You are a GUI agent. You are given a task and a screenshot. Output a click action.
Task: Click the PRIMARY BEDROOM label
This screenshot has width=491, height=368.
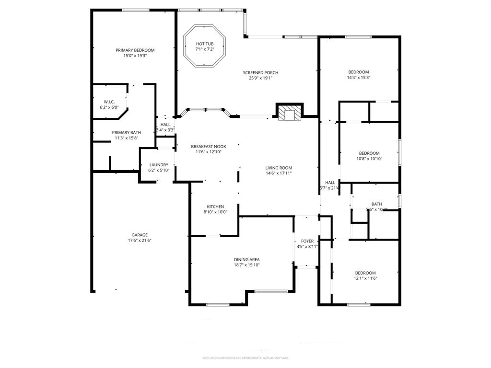(135, 50)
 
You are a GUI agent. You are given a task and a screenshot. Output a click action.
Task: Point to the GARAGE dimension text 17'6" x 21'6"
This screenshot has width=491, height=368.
(140, 241)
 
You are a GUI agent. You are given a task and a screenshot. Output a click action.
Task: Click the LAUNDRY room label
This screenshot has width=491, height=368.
(159, 165)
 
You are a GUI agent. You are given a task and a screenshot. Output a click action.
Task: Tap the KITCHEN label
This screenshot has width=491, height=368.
(215, 207)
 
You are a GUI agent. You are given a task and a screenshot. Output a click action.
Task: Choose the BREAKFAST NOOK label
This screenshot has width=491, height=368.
(208, 146)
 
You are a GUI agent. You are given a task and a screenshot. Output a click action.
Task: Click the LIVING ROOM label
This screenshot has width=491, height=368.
(279, 168)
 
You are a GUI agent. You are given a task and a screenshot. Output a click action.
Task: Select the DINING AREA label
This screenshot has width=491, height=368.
(246, 259)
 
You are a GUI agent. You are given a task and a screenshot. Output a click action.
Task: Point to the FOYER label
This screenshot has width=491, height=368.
(307, 241)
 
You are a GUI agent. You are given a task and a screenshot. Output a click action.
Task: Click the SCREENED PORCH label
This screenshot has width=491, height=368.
(260, 72)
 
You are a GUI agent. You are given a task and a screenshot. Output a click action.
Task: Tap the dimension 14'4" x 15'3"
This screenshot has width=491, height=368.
(359, 78)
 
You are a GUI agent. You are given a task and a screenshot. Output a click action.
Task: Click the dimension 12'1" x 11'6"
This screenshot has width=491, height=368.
(366, 278)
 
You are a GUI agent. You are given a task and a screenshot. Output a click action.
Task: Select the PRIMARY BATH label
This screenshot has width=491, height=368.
(126, 133)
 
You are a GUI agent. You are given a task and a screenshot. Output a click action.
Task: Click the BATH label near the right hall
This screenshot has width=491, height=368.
(376, 204)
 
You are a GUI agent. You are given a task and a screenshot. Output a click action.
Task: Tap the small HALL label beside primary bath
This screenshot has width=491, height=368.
(165, 125)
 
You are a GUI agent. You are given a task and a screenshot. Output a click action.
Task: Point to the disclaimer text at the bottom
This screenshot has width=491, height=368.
(245, 358)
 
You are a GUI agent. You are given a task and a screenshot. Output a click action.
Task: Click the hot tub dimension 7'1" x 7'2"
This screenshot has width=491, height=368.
(204, 49)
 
